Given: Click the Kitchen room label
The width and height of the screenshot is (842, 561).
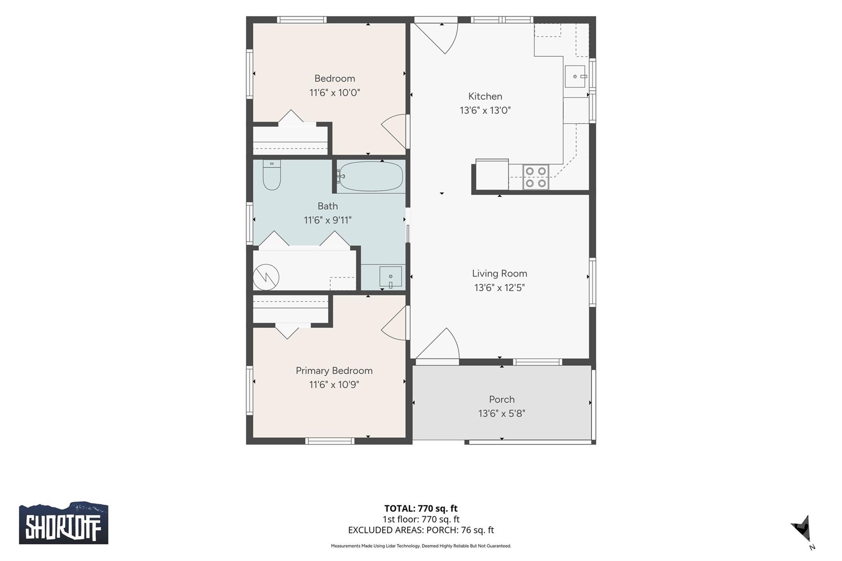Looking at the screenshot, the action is click(485, 96).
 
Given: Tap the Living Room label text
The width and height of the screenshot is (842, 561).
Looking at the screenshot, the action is click(499, 273).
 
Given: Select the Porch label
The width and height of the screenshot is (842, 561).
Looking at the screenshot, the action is click(502, 399).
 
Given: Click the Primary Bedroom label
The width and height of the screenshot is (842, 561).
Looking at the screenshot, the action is click(334, 371).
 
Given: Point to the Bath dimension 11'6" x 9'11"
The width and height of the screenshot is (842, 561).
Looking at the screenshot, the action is click(328, 220).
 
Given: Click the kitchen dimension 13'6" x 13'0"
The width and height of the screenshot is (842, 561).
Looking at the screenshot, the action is click(485, 110).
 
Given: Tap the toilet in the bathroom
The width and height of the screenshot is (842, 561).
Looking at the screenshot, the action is click(272, 175).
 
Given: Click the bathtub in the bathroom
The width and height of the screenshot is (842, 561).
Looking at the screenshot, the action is click(371, 176).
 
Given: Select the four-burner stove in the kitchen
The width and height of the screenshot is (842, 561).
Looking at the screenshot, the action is click(536, 177).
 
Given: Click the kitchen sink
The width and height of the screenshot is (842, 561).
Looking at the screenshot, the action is click(575, 76).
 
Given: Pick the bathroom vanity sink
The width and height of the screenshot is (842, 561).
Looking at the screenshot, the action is click(390, 277).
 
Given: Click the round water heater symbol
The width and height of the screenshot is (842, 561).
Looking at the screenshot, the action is click(266, 277).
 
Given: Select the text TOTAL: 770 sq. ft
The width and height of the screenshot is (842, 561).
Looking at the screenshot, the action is click(421, 508).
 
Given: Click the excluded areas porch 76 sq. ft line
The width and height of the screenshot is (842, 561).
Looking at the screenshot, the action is click(421, 530).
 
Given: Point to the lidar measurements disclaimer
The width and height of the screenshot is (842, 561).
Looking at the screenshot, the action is click(421, 546).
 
